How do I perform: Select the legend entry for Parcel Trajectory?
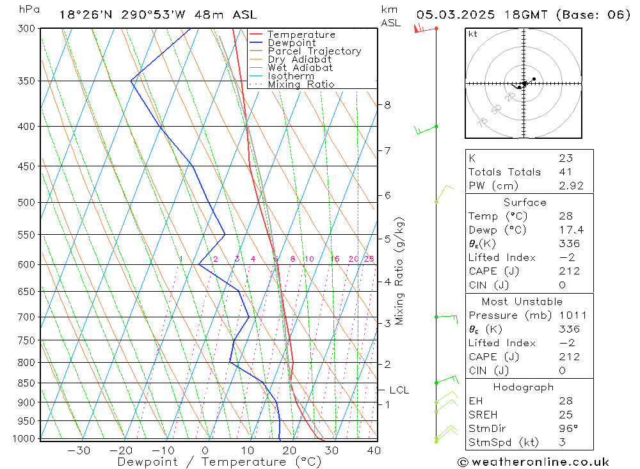tap(314, 51)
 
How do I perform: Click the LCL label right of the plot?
tap(399, 390)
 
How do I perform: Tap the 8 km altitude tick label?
tap(388, 105)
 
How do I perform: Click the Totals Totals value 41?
tap(566, 172)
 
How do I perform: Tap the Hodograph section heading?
tap(524, 388)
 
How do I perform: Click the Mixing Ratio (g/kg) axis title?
tap(400, 271)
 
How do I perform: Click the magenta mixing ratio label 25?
tap(369, 259)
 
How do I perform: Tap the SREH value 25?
tap(565, 415)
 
